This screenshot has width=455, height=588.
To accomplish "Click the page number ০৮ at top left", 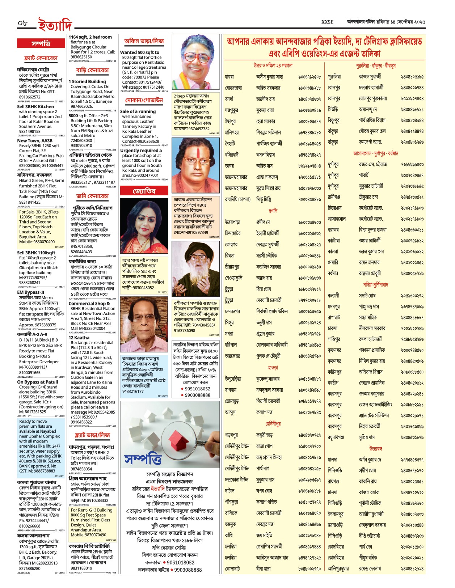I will click(x=22, y=23).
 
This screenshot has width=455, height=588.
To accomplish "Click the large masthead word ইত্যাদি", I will click(x=55, y=25).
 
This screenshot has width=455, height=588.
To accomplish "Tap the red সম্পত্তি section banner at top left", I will click(x=41, y=44).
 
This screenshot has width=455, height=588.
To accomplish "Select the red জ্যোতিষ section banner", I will click(x=144, y=191).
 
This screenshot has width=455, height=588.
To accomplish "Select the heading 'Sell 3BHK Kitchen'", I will click(x=35, y=107).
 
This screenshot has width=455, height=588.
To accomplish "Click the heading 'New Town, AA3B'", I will click(x=35, y=141).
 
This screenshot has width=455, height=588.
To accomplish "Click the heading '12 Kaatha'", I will click(x=79, y=338).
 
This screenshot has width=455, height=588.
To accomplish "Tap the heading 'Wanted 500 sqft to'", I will click(x=140, y=52).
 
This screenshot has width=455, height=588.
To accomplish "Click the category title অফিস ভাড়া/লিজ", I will click(x=144, y=41).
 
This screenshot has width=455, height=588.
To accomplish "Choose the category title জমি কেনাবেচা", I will click(x=92, y=196).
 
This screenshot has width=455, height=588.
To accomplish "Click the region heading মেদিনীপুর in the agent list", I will click(x=273, y=424).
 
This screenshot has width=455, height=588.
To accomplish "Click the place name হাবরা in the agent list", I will click(x=229, y=77).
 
